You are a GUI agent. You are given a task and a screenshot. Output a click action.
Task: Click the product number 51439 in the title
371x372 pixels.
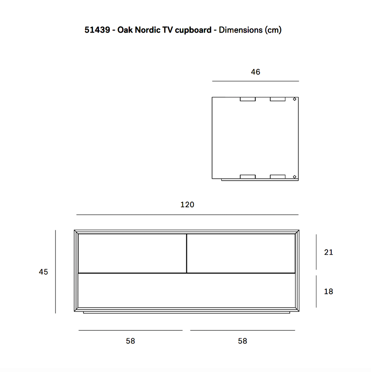[97, 30]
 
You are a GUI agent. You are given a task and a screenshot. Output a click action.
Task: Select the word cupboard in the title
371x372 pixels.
[193, 30]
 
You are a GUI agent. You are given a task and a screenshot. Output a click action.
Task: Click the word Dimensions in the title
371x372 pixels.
[241, 30]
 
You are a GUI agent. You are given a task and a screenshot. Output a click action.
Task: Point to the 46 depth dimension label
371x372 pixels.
[256, 72]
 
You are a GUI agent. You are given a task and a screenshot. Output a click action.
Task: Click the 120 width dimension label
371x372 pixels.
[187, 205]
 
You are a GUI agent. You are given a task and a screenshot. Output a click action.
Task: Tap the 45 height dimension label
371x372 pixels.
[43, 272]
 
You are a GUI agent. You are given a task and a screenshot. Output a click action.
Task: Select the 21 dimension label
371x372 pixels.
[329, 252]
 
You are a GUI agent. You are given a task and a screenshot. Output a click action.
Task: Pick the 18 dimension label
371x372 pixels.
[329, 291]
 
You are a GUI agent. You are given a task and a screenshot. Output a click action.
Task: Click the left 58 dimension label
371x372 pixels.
[130, 341]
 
